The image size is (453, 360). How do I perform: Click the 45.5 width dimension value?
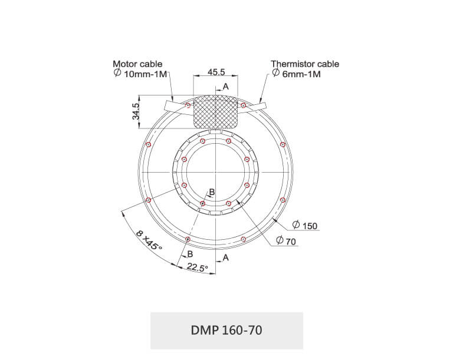[216, 72]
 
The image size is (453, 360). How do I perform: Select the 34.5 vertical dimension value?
[136, 111]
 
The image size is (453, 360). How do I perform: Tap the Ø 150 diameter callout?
[305, 225]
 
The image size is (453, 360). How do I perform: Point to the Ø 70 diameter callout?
[286, 240]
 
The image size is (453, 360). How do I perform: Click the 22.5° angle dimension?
[198, 267]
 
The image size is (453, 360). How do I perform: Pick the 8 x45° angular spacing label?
[149, 240]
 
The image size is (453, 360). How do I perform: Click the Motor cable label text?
[137, 64]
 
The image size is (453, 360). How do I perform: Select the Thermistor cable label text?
[305, 64]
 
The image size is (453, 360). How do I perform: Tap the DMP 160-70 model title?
[226, 330]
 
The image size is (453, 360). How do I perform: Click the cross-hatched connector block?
[216, 112]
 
